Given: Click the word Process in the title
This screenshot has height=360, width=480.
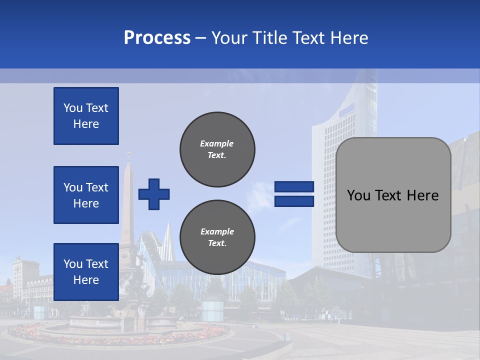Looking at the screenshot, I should [x=157, y=38].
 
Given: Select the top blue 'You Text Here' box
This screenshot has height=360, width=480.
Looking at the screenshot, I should [x=86, y=116].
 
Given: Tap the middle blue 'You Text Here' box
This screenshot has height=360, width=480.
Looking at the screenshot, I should [x=86, y=195].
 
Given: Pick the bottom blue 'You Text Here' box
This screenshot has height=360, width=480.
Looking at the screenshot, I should [x=86, y=272].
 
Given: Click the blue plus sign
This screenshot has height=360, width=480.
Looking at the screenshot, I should [x=154, y=194].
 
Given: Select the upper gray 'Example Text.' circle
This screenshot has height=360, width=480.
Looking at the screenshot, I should [x=217, y=149].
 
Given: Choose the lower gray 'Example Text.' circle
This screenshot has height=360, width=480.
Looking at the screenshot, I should [x=217, y=237].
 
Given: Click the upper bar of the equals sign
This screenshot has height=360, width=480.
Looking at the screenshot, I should [x=294, y=187].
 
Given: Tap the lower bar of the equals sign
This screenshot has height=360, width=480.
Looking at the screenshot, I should [x=294, y=201].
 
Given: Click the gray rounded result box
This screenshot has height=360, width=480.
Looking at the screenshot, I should [x=393, y=220].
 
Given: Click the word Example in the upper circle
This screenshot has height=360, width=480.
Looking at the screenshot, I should [x=217, y=144].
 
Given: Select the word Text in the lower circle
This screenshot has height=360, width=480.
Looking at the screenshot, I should [x=217, y=243].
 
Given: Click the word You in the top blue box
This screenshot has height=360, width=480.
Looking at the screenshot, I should [x=73, y=108].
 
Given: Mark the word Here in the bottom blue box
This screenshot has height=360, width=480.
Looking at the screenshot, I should [x=86, y=280].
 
